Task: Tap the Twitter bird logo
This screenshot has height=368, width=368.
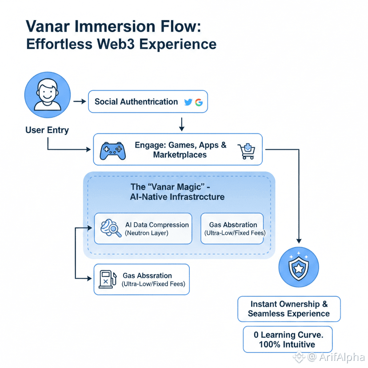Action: (x=188, y=102)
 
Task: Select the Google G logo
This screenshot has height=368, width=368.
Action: (x=199, y=102)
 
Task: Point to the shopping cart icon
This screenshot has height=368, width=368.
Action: (x=247, y=151)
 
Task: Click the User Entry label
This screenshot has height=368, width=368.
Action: (x=47, y=130)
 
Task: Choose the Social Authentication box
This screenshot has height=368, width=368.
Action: (x=148, y=102)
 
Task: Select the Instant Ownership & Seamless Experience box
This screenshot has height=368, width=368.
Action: (x=289, y=309)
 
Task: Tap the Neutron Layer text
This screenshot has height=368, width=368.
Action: (x=147, y=233)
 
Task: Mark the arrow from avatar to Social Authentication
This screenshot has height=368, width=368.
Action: (x=79, y=102)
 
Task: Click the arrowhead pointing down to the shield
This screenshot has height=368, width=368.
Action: (x=298, y=240)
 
